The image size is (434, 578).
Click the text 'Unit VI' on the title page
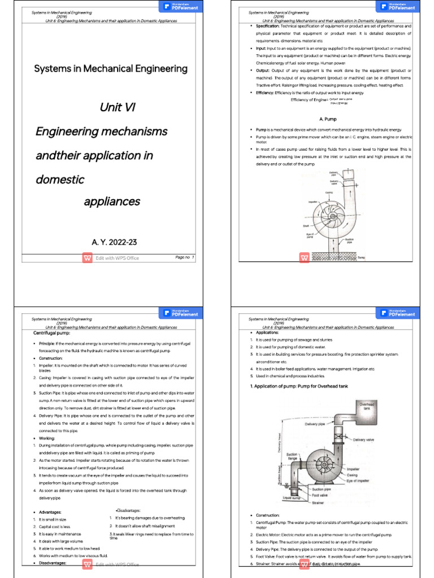[x=118, y=107]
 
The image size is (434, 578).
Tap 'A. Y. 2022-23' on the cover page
[x=114, y=242]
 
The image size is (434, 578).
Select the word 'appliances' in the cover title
[x=112, y=202]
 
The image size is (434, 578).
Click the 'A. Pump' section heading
[x=328, y=120]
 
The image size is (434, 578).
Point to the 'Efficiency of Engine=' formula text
[x=309, y=100]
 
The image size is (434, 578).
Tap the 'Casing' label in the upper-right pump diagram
[x=329, y=192]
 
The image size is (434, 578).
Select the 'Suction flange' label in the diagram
[x=292, y=456]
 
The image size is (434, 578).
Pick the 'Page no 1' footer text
[x=184, y=257]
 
